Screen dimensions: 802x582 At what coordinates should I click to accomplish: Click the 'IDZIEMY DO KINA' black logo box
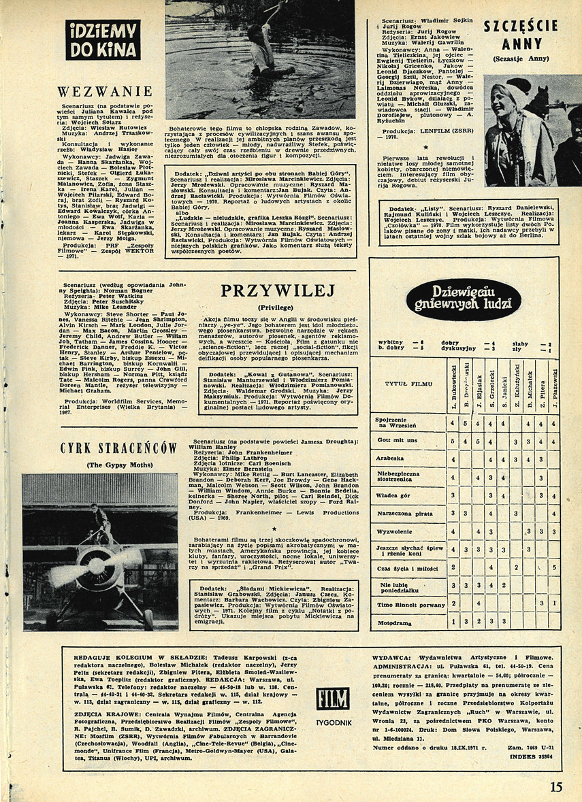tap(103, 39)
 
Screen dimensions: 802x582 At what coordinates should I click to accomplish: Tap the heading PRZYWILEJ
tap(278, 291)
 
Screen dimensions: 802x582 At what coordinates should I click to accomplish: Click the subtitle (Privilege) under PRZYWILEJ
tap(278, 306)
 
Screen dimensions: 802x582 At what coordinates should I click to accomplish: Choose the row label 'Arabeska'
tap(389, 458)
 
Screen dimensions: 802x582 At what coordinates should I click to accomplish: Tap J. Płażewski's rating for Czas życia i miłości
tap(555, 567)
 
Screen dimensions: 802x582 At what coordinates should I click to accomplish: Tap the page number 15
tap(556, 787)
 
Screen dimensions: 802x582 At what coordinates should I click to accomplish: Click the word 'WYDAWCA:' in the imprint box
tap(393, 658)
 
